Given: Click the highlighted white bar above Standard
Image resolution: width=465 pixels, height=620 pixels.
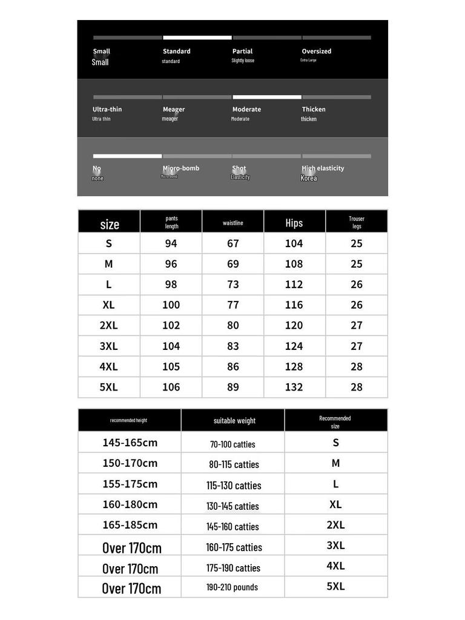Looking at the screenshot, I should coord(197,38).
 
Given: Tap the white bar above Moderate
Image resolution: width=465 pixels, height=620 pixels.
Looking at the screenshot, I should coord(267,97).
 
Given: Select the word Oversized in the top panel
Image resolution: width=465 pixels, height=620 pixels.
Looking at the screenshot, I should coord(317,51).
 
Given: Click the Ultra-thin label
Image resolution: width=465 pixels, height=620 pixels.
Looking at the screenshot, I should coord(107,110).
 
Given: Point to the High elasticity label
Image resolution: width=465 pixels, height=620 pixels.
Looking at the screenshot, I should coord(323,168).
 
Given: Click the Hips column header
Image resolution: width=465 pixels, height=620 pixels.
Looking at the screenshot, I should coord(294,223).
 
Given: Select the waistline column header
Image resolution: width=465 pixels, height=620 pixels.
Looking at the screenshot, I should coord(232,223).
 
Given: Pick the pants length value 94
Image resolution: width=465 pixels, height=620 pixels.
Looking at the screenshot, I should coord(171,243).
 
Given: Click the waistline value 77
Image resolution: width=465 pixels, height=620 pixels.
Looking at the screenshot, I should coord(233,305).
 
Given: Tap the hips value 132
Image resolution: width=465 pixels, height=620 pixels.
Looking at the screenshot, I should coord(294,387).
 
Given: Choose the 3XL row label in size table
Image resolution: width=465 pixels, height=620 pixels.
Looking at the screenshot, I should coord(108,346).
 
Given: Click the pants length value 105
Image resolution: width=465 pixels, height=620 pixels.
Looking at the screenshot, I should coord(171,366).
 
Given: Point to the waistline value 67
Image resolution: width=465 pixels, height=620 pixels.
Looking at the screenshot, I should coord(233,243).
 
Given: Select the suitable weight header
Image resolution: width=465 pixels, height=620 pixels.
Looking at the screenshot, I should coord(234,421).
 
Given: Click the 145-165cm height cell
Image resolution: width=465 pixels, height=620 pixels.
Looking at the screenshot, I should coord(130,443).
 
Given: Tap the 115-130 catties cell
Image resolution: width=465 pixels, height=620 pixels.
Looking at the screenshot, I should coord(234,486).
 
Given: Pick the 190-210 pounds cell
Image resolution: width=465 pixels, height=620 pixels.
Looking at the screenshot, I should coord(232,587).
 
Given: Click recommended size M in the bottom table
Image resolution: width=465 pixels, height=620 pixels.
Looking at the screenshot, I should coord(335,463).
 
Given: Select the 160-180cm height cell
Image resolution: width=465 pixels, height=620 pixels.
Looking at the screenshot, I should coord(130,504).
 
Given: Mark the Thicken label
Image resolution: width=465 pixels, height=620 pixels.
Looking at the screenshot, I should coord(314,110).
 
